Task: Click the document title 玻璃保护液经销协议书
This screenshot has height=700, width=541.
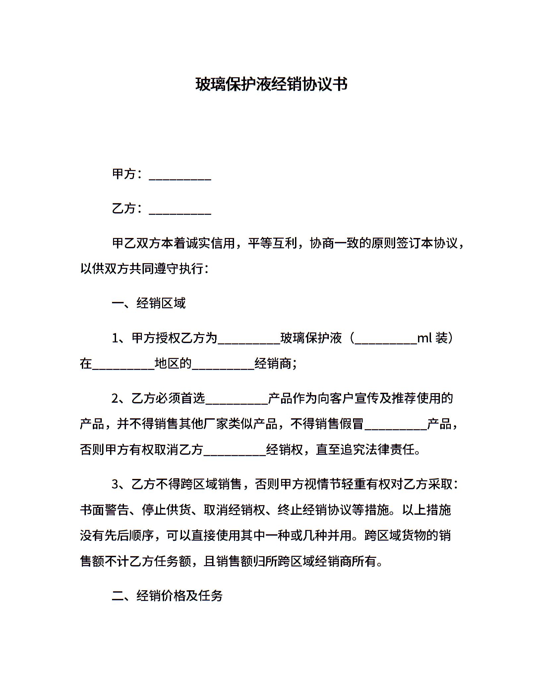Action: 271,84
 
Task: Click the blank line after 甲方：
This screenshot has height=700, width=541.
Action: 180,176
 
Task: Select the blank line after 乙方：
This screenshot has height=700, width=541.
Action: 180,210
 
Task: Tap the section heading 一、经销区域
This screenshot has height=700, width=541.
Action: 149,303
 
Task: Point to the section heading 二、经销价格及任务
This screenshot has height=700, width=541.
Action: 167,596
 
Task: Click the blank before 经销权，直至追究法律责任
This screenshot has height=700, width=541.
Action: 235,452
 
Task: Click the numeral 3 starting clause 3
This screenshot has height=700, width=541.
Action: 115,485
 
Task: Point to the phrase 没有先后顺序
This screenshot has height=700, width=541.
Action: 117,535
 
